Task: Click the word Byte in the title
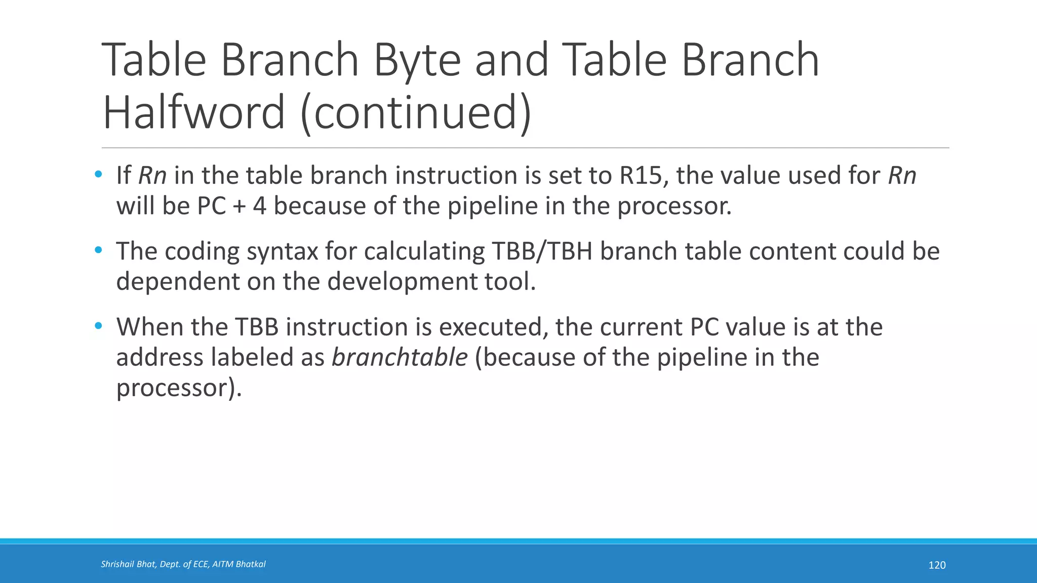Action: (417, 61)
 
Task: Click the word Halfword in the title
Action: (193, 112)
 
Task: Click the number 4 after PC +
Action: (260, 206)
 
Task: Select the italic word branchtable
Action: (400, 357)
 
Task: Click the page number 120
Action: (937, 565)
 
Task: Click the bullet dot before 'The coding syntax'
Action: (98, 251)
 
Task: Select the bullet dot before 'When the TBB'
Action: (98, 326)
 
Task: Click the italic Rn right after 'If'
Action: (152, 176)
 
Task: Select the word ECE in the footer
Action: (201, 564)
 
